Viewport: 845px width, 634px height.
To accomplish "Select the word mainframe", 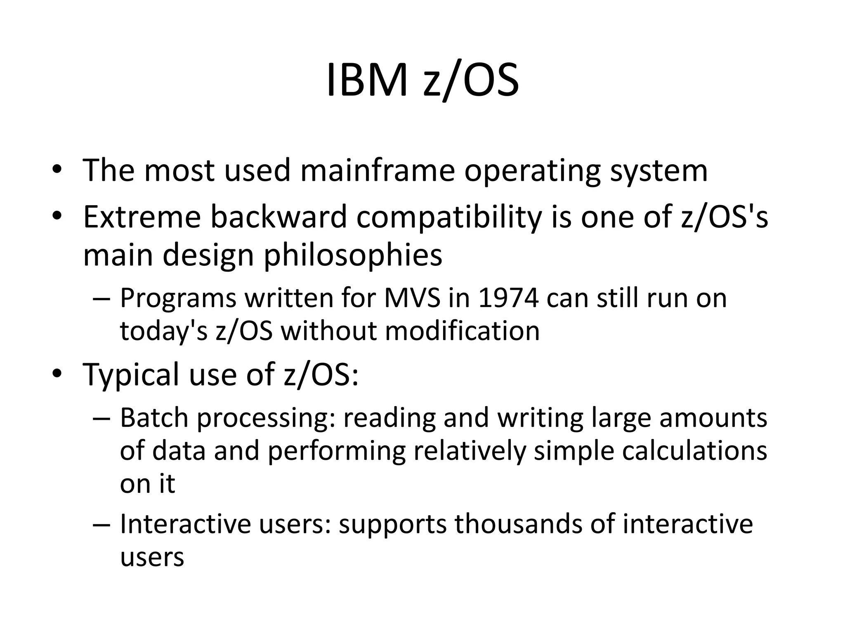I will pos(377,170).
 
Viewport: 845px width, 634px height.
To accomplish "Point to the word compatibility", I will pos(449,218).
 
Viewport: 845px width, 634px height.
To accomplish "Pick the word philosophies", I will pos(353,255).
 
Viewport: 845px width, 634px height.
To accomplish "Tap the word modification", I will pos(462,331).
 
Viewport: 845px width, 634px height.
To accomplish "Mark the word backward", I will pos(279,217).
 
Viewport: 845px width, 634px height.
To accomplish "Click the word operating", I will pos(532,171).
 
